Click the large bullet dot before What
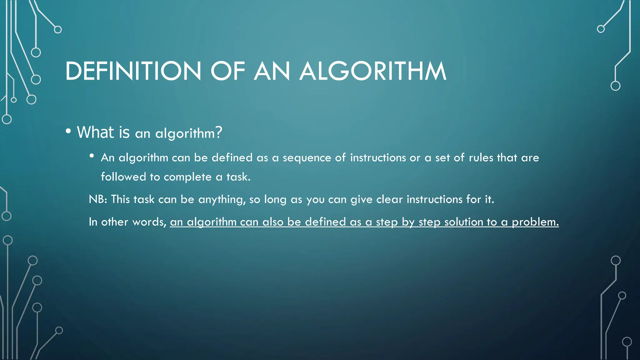(x=68, y=131)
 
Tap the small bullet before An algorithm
(x=92, y=156)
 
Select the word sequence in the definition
(x=307, y=158)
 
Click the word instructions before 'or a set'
(x=378, y=157)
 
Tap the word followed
(x=123, y=177)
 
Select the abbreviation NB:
(x=98, y=199)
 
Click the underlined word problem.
(x=535, y=222)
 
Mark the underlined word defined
(x=325, y=222)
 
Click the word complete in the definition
(x=187, y=177)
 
